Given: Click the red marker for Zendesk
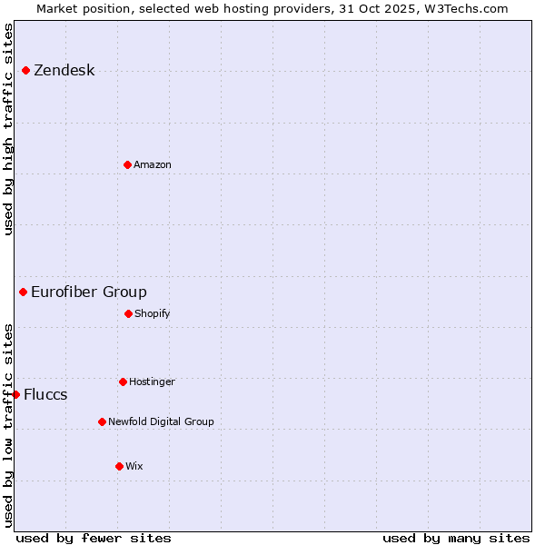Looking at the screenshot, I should (x=25, y=70).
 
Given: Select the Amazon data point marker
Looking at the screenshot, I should (x=127, y=164).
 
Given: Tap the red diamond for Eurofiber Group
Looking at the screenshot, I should (x=23, y=292).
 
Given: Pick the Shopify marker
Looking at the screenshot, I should (x=128, y=313).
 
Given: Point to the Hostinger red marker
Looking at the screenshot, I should (x=123, y=381).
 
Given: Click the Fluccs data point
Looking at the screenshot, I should (x=15, y=394).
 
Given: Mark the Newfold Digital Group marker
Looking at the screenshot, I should (x=102, y=421).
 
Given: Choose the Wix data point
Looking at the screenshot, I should (x=119, y=466).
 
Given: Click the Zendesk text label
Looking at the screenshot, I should (x=64, y=71).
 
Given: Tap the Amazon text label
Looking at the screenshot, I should (x=152, y=164).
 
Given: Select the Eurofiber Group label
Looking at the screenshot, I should (x=88, y=292).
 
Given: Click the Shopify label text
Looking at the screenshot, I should (x=152, y=313).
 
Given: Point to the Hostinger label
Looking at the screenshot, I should (x=152, y=381).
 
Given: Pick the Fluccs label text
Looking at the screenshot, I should (x=45, y=394).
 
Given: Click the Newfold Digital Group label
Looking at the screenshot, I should (x=161, y=421).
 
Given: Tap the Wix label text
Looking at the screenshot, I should (x=134, y=466).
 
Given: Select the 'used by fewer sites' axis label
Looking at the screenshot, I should (x=94, y=538).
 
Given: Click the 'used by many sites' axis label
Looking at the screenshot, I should (x=456, y=538).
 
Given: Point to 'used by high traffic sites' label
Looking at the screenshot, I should (x=8, y=129).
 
